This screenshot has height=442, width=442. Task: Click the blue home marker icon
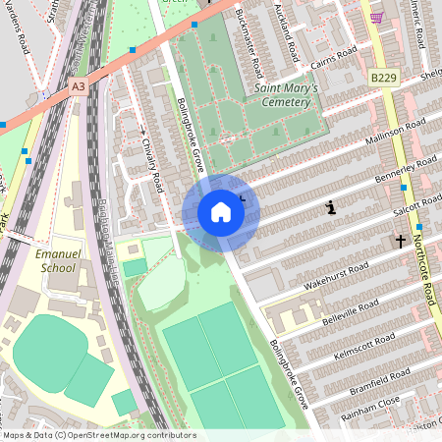[x=221, y=211]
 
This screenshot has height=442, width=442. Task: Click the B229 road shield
[x=385, y=77]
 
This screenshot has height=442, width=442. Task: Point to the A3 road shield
[x=79, y=86]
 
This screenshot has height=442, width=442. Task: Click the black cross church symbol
[x=400, y=241]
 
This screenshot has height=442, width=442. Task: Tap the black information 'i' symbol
[x=331, y=207]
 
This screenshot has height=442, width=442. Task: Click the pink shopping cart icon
[x=376, y=17]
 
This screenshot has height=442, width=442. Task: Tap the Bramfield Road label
[x=379, y=382]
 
